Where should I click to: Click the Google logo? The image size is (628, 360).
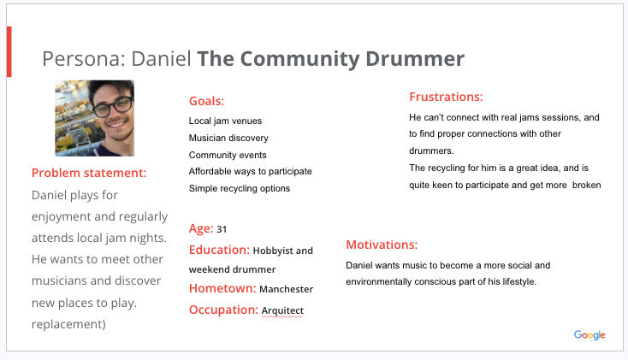coord(589,334)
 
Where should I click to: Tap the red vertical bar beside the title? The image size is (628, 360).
coord(9,51)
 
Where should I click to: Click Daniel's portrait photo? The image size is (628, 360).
coord(94,118)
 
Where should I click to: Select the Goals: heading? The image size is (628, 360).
coord(206,101)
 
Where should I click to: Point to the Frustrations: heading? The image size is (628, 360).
coord(446,97)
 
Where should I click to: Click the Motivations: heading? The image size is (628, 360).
coord(382,245)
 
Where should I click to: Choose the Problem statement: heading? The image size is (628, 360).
coord(89,173)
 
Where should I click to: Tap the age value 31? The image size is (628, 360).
coord(222,229)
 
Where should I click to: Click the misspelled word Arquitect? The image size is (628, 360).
coord(282,310)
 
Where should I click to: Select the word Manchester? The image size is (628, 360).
coord(286,289)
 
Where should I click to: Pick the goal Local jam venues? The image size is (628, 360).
coord(225,121)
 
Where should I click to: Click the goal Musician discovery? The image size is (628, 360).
coord(228,139)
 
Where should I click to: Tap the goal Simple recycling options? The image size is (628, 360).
coord(239,188)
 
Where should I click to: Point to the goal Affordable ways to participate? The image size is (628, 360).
coord(250,171)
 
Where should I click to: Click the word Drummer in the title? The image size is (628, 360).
coord(415,58)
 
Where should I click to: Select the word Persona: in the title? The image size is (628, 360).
coord(84,58)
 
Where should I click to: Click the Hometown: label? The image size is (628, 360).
coord(222,288)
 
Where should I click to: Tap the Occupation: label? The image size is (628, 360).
coord(223,310)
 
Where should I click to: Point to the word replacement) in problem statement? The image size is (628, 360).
coord(68,324)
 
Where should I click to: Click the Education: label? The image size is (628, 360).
coord(219,250)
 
